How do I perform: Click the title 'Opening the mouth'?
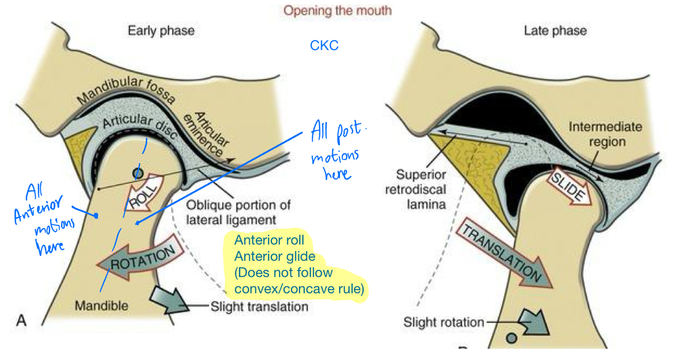[x=338, y=10]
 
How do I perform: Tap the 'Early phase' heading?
[x=161, y=31]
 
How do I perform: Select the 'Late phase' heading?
[x=555, y=31]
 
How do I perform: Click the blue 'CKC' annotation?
[x=324, y=46]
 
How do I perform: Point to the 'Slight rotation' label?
[x=443, y=322]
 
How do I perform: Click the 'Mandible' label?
[x=101, y=306]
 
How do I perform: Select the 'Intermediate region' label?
[x=605, y=134]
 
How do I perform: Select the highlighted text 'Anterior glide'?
[x=274, y=257]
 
